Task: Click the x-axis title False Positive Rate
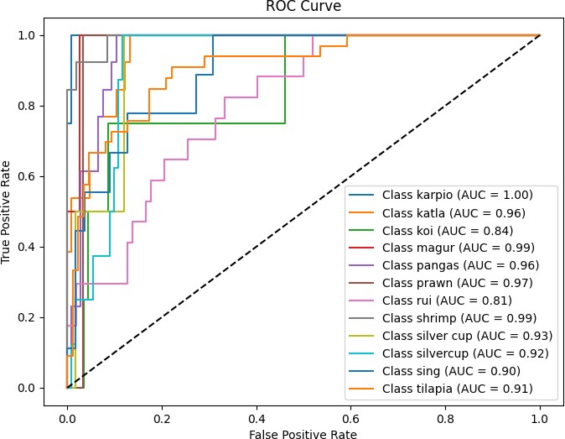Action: [303, 434]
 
